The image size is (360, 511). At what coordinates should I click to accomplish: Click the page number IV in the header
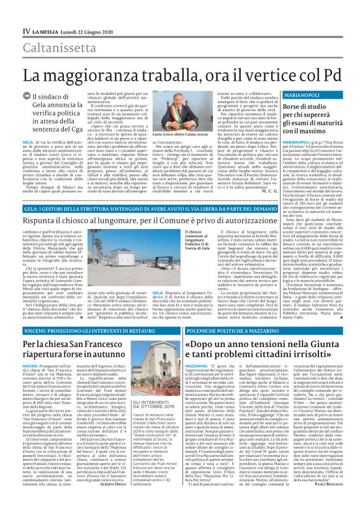(x=27, y=30)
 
